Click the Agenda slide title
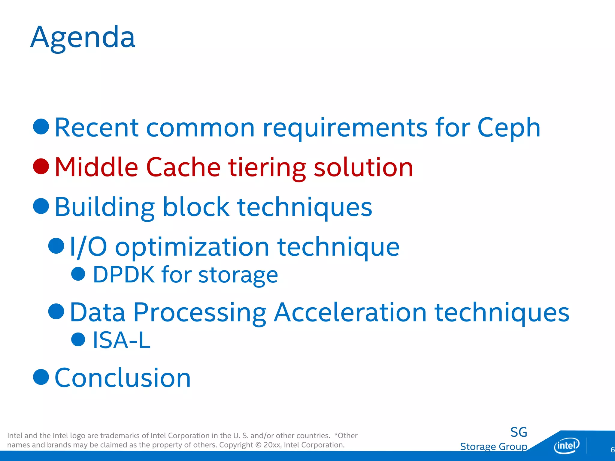coord(83,38)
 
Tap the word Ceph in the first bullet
coord(509,128)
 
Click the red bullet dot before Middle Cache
coord(41,166)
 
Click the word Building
coord(105,207)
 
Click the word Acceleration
coord(350,312)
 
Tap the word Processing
coord(200,313)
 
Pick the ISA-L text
coord(122,340)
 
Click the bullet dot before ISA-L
coord(78,339)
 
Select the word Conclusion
coord(123,378)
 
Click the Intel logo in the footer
coord(566,446)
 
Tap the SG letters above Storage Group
coord(519,432)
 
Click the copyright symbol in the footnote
coord(258,445)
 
